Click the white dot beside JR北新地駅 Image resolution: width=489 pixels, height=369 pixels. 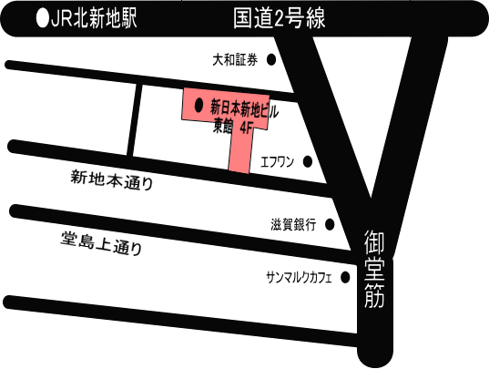pyautogui.click(x=43, y=18)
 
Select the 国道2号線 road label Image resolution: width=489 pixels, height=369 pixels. pyautogui.click(x=280, y=18)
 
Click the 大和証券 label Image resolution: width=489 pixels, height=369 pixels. pyautogui.click(x=235, y=59)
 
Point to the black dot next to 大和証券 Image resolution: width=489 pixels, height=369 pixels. pyautogui.click(x=271, y=59)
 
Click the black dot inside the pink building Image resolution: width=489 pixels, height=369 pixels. pyautogui.click(x=199, y=105)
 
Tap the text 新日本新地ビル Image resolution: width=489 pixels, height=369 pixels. pyautogui.click(x=244, y=110)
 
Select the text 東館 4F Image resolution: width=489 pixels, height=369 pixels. pyautogui.click(x=232, y=127)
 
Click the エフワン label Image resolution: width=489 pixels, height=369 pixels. pyautogui.click(x=277, y=162)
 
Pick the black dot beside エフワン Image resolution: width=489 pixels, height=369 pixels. pyautogui.click(x=308, y=161)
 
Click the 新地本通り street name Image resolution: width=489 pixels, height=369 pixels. pyautogui.click(x=112, y=180)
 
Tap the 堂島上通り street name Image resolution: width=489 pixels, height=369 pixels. pyautogui.click(x=102, y=243)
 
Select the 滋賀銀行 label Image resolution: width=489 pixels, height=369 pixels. pyautogui.click(x=293, y=224)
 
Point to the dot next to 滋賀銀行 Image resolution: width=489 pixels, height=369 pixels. pyautogui.click(x=330, y=224)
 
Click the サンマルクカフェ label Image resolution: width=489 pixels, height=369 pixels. pyautogui.click(x=299, y=278)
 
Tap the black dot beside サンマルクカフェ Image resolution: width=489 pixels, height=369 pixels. pyautogui.click(x=345, y=277)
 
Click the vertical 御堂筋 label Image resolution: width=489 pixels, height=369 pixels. pyautogui.click(x=374, y=269)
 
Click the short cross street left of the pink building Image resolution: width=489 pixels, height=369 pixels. pyautogui.click(x=135, y=120)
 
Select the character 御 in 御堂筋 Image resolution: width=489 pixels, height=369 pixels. pyautogui.click(x=374, y=242)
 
